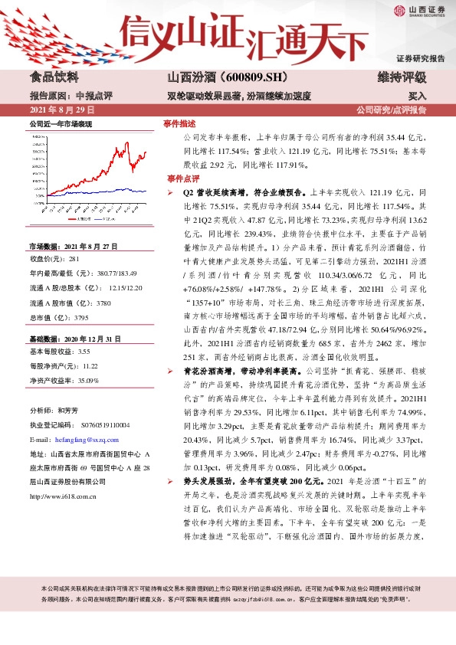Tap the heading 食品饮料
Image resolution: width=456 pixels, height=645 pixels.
[54, 77]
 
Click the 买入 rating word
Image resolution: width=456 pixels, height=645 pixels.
[417, 97]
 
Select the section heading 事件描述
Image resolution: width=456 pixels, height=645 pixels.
[180, 123]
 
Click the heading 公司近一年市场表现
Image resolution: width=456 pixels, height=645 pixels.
[61, 123]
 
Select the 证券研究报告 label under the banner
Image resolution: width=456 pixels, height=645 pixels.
[421, 58]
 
